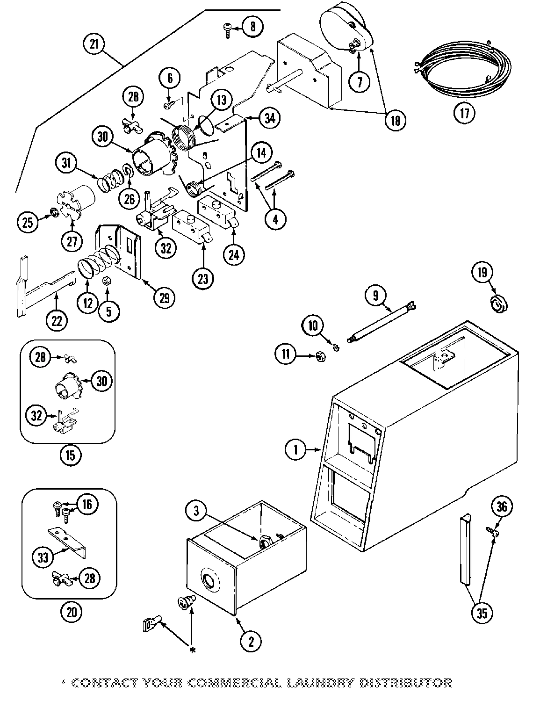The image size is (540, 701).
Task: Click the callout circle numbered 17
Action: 464,113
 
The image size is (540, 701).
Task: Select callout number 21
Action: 94,44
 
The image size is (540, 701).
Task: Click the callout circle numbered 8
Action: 252,26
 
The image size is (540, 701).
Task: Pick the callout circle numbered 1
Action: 295,450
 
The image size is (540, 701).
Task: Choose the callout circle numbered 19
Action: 482,272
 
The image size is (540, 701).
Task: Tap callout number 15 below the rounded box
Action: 70,455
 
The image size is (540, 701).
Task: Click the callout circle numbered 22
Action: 57,321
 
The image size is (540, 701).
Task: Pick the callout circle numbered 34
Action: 270,118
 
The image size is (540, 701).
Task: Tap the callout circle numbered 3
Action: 196,511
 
